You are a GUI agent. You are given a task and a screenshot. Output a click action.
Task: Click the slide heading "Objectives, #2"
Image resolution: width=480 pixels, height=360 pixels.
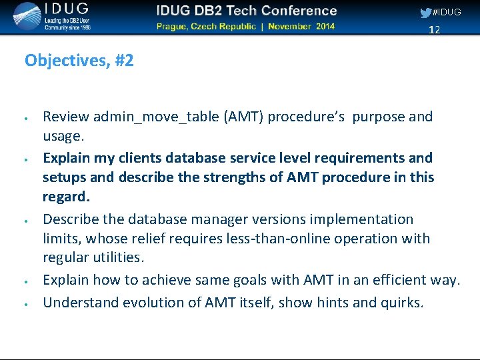(x=79, y=61)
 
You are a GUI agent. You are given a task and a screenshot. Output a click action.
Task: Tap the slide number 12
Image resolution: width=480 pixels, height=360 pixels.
(x=434, y=30)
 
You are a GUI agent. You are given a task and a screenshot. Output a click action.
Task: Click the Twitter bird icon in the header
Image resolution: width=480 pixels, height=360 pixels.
(x=425, y=13)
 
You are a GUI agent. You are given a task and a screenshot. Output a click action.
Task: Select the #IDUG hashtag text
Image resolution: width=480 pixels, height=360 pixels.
(x=447, y=13)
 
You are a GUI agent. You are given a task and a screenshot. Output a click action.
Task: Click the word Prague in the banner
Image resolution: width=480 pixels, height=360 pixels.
(x=175, y=27)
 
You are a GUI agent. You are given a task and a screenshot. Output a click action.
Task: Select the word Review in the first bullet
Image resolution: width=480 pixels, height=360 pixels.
(x=66, y=117)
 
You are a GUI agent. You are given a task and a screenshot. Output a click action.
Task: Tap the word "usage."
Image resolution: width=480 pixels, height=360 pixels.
(x=63, y=136)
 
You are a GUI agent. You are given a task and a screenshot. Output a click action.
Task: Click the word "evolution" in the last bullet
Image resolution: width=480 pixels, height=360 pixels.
(x=161, y=302)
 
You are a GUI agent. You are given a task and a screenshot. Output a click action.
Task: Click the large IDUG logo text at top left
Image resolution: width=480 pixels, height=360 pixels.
(x=66, y=11)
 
